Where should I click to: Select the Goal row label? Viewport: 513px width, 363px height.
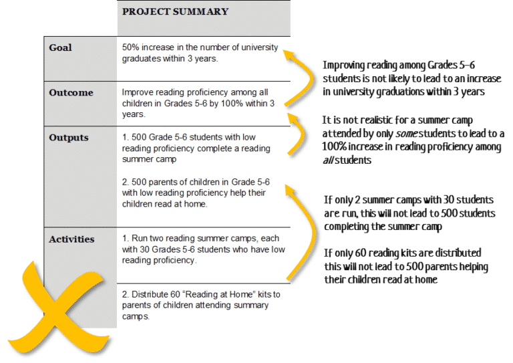pos(60,48)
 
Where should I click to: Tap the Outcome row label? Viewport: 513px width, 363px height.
pos(71,93)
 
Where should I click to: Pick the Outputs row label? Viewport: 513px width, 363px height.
pos(69,138)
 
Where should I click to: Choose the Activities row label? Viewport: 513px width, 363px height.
pos(71,239)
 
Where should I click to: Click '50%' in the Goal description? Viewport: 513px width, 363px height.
pos(132,47)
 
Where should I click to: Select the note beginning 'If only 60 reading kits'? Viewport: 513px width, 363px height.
pos(406,267)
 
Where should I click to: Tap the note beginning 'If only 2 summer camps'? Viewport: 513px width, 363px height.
pos(409,213)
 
